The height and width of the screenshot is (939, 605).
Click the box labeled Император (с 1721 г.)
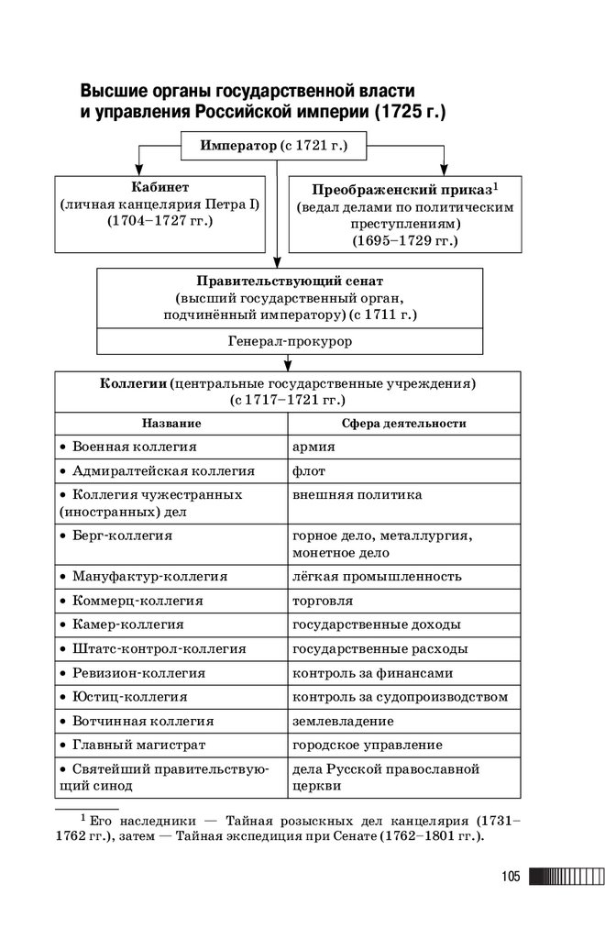click(276, 145)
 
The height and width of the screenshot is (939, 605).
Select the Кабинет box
click(160, 212)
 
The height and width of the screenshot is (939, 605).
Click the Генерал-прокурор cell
click(290, 341)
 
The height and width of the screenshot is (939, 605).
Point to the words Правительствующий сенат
click(290, 280)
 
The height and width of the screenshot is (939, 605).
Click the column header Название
click(171, 425)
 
